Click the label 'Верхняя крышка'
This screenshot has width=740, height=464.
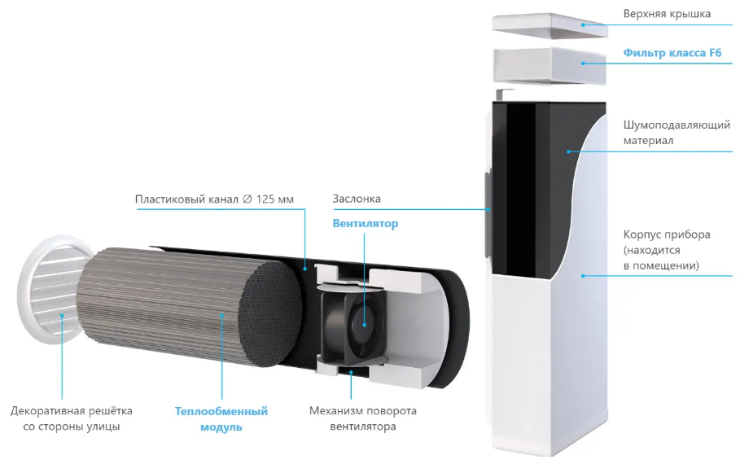tap(667, 14)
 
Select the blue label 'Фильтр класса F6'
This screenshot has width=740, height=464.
tap(672, 52)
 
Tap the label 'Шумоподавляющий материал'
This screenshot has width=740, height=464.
tap(677, 133)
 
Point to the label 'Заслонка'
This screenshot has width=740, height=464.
tap(357, 199)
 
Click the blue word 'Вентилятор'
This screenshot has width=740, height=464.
tap(366, 223)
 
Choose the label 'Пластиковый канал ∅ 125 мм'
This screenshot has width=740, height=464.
tap(214, 199)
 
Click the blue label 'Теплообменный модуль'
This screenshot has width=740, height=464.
tap(221, 418)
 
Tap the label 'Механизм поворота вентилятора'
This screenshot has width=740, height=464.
tap(363, 418)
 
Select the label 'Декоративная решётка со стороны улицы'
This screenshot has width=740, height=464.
tap(72, 418)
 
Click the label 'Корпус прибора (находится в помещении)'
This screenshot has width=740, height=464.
tap(667, 250)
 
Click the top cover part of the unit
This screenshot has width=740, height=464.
tap(550, 25)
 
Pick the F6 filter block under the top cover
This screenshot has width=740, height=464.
tap(550, 66)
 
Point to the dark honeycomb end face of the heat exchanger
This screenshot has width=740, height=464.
tap(270, 314)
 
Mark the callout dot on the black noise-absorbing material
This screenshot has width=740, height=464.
tap(569, 151)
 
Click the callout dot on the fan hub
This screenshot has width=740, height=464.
tap(365, 325)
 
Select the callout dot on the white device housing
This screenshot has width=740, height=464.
tap(584, 276)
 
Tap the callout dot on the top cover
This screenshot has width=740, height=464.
tap(584, 24)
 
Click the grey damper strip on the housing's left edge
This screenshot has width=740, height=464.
tap(488, 215)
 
